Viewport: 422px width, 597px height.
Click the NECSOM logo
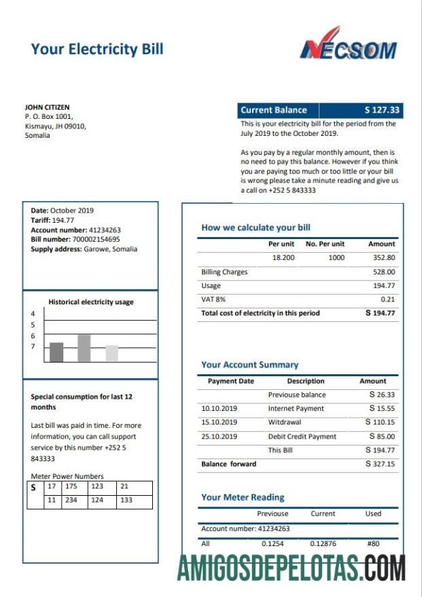click(x=349, y=45)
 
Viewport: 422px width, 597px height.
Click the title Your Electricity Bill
click(x=97, y=49)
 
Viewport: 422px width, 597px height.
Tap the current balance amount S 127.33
click(x=382, y=110)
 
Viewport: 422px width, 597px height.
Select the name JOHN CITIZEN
click(x=47, y=107)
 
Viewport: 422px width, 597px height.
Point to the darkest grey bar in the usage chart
click(x=56, y=352)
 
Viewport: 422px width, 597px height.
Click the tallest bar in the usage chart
click(x=84, y=348)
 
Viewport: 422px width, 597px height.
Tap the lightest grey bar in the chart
click(x=112, y=353)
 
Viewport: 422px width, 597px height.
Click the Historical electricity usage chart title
click(x=91, y=302)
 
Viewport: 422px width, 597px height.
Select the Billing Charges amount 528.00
click(x=383, y=272)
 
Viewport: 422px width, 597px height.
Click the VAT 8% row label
click(x=213, y=300)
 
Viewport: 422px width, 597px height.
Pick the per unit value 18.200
click(x=283, y=258)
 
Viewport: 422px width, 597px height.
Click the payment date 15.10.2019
click(x=219, y=422)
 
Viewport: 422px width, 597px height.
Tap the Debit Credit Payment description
click(x=302, y=436)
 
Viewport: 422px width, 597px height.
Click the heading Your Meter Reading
click(x=243, y=497)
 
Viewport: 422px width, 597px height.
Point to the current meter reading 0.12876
click(x=323, y=543)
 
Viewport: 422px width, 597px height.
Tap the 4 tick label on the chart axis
click(x=32, y=314)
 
